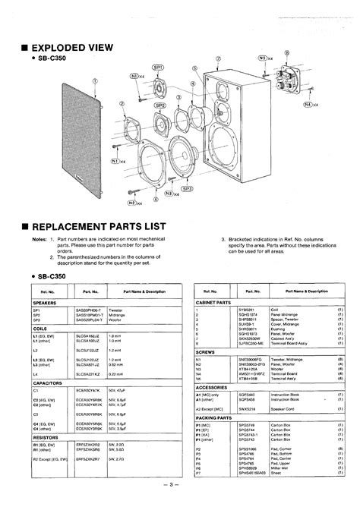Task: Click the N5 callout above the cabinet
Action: pyautogui.click(x=265, y=57)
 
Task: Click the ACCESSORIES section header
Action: pyautogui.click(x=213, y=386)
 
